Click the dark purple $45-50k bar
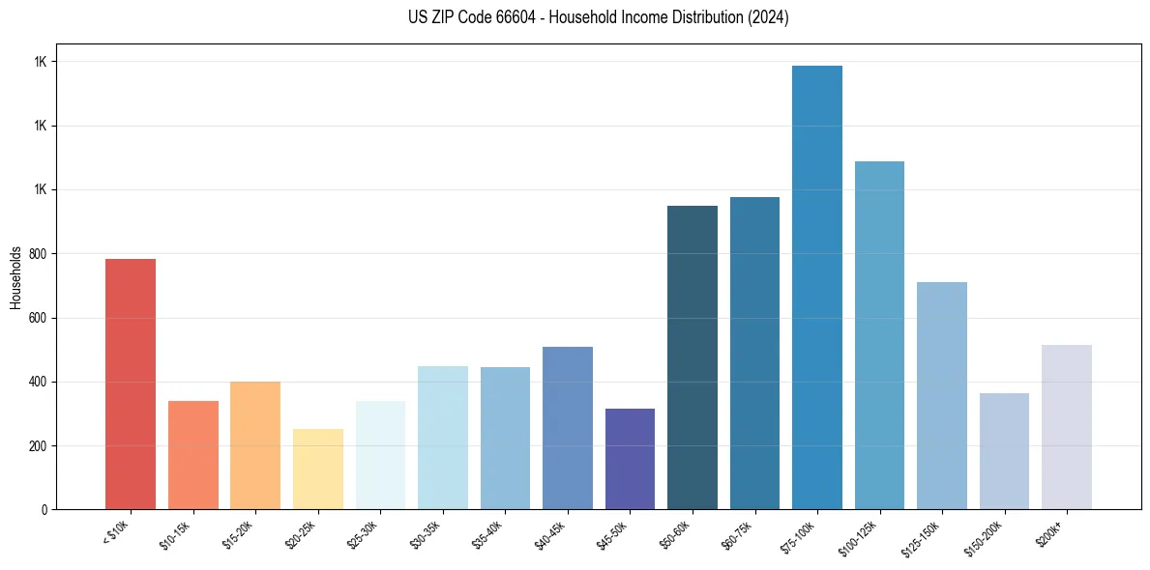(x=630, y=459)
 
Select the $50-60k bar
(x=693, y=357)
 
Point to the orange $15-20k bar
(x=255, y=445)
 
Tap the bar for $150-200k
(x=1004, y=451)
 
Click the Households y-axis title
(x=15, y=277)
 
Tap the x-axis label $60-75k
(x=737, y=535)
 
